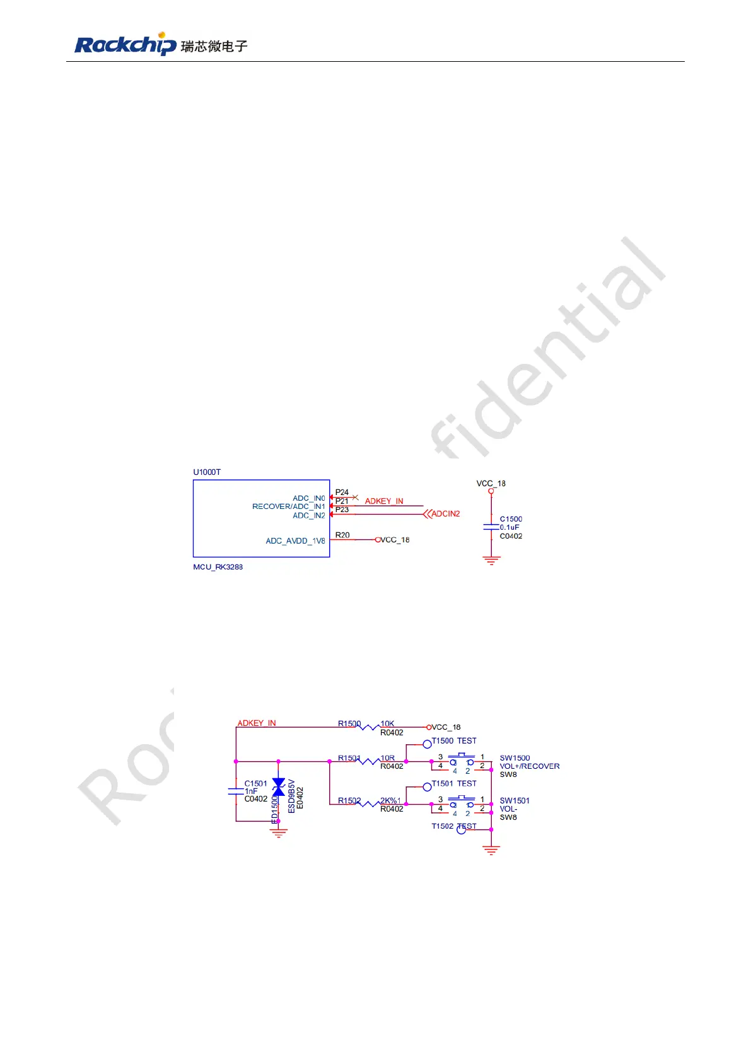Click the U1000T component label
[207, 472]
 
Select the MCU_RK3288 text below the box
[218, 567]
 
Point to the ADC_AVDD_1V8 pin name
[295, 541]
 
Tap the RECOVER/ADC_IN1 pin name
[288, 506]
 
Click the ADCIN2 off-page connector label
[445, 514]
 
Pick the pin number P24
[342, 492]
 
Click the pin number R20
[342, 535]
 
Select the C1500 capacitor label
[511, 519]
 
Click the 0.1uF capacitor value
[509, 527]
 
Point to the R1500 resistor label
[349, 724]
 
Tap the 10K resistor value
[387, 724]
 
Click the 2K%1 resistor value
[390, 801]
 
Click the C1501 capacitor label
[255, 783]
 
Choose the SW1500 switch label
[515, 758]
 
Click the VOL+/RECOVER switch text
[529, 766]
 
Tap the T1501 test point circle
[427, 786]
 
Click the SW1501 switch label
[515, 801]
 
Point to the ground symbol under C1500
[491, 560]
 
